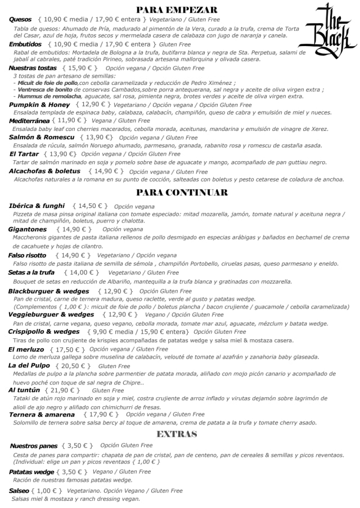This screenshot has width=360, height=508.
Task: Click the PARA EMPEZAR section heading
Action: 177,10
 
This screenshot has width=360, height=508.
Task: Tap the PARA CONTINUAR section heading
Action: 182,192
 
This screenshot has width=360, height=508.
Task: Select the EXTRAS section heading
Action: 177,433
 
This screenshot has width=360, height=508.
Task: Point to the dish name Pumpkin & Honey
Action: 39,105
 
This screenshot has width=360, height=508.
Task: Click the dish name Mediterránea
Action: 29,120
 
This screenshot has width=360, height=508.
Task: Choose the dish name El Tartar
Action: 24,153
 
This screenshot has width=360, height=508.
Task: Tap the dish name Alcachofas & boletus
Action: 45,171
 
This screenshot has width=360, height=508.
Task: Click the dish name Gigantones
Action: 28,229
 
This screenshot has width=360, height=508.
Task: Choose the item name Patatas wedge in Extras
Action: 31,472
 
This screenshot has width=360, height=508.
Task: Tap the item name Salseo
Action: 20,491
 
